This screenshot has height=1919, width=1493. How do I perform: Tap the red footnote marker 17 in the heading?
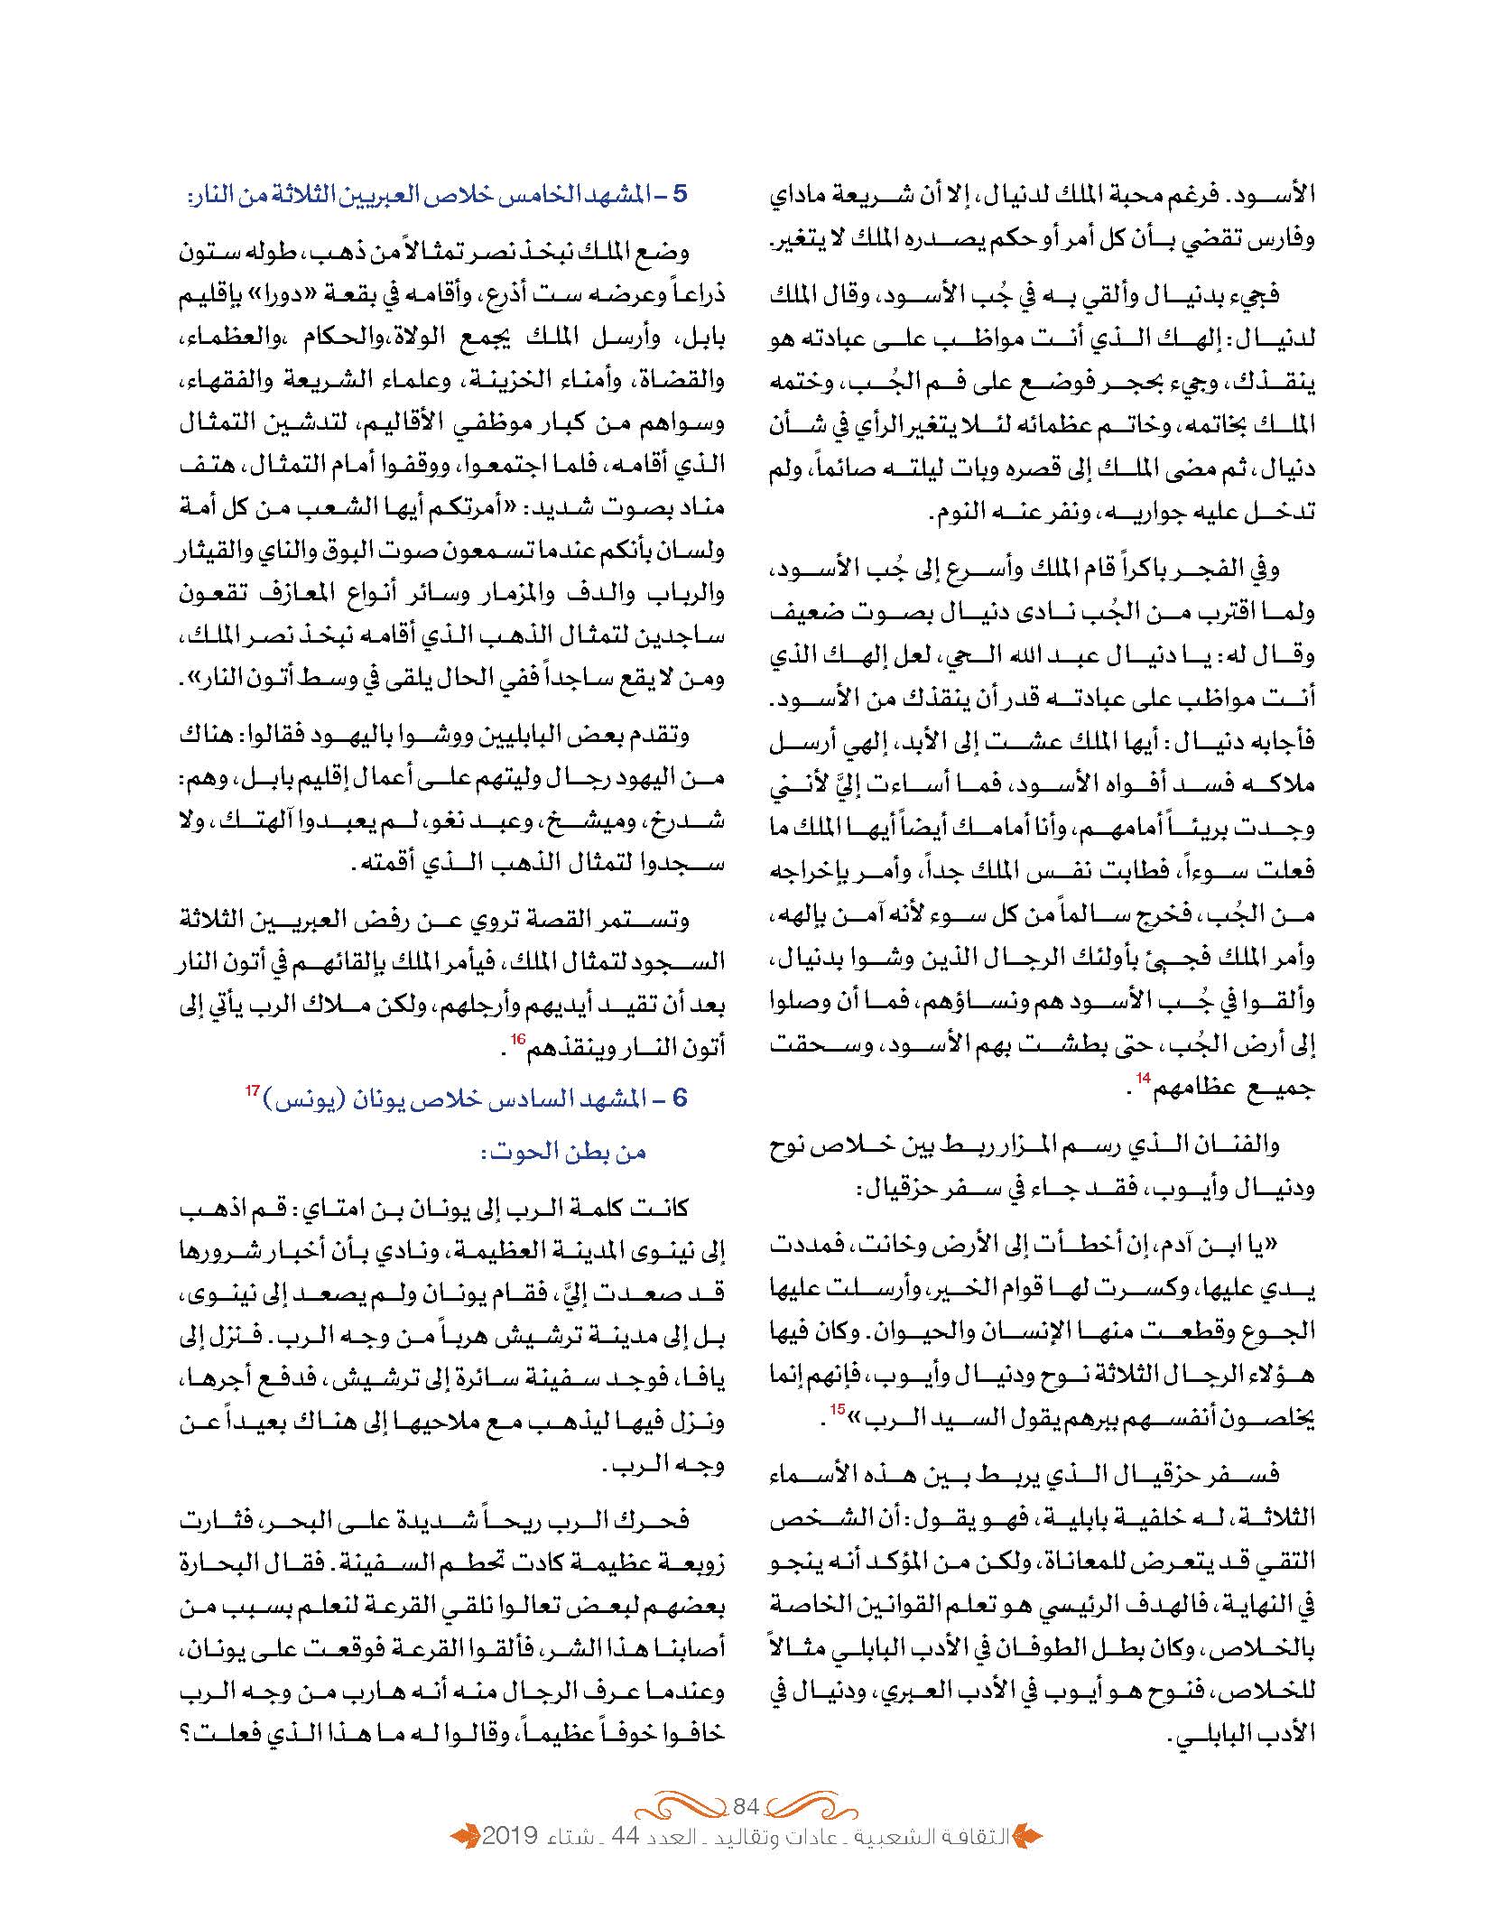coord(252,1091)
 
